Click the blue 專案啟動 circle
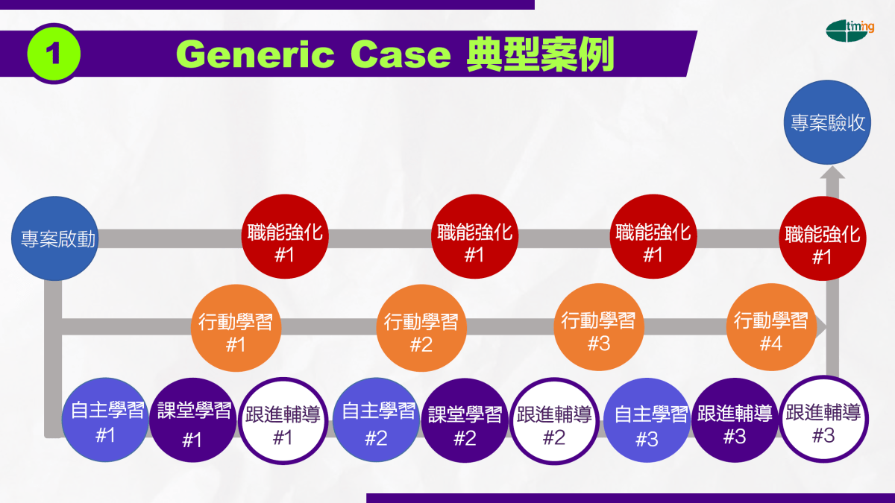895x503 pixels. coord(54,238)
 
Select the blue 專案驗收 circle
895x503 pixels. coord(827,122)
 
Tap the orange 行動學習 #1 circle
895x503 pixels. coord(236,328)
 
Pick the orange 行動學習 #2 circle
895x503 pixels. coord(421,328)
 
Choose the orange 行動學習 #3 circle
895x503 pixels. coord(598,327)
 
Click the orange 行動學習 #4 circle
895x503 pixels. coord(771,327)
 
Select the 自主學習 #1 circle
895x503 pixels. coord(105,420)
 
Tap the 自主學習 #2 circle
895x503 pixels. coord(376,420)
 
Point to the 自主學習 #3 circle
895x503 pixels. coord(647,420)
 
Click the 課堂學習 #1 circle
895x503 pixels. coord(192,420)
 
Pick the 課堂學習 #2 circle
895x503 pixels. coord(465,421)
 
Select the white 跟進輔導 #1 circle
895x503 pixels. coord(283,421)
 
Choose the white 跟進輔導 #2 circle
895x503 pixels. coord(554,421)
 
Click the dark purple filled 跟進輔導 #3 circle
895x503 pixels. coord(735,420)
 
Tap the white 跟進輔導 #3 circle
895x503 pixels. coord(823,419)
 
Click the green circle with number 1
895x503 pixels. coord(54,54)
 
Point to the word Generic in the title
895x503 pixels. coord(255,54)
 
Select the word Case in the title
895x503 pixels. coord(401,54)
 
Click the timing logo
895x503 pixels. coord(850,31)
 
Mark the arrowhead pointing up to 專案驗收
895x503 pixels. coord(832,172)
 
